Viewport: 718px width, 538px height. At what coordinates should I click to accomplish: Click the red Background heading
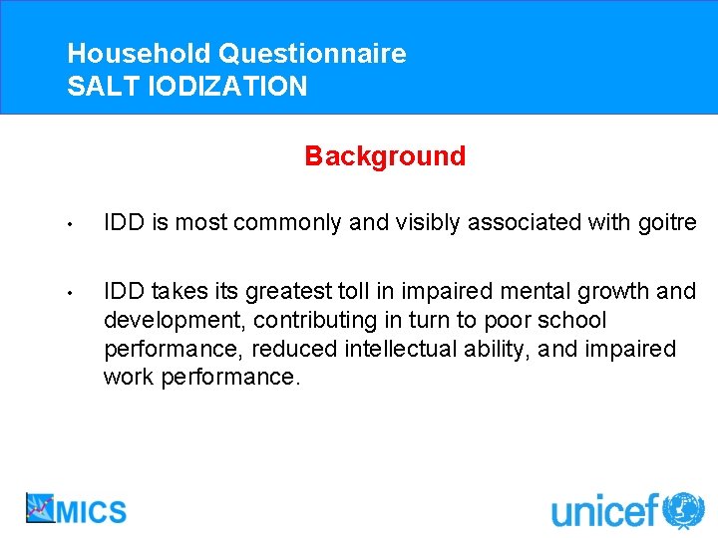point(385,156)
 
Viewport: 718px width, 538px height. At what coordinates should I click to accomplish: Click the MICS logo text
point(91,511)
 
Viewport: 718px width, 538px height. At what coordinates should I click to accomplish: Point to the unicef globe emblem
point(683,510)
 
